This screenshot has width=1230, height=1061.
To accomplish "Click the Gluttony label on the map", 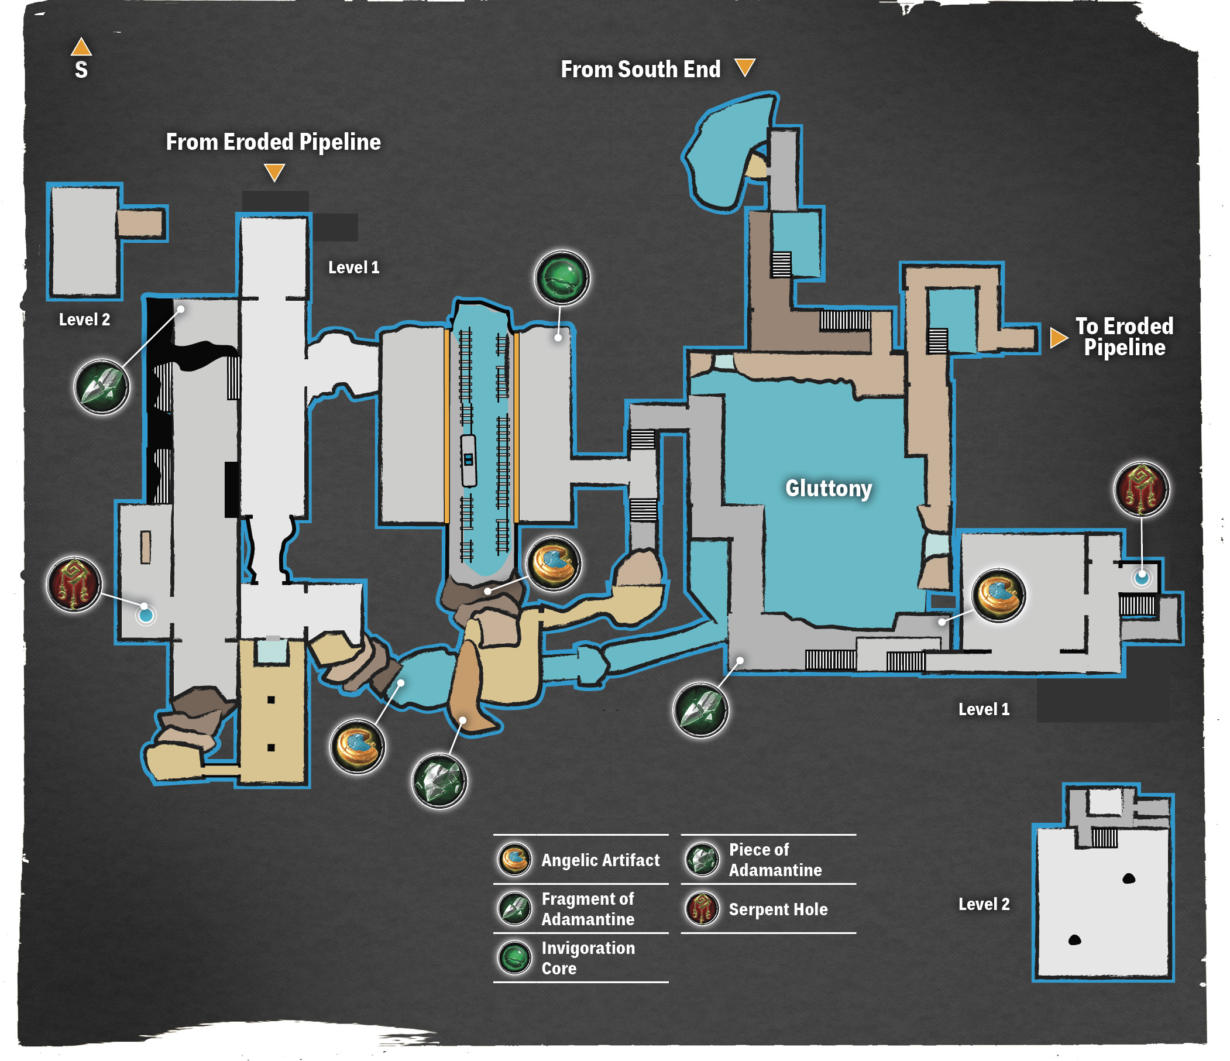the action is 829,489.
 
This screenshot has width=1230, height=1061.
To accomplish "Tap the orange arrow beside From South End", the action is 745,67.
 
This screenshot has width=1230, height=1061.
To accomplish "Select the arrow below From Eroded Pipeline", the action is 274,173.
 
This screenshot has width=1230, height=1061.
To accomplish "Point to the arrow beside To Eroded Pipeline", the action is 1059,338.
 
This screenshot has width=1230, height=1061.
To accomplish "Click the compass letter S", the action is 81,70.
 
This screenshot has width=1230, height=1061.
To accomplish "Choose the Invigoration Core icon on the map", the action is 562,278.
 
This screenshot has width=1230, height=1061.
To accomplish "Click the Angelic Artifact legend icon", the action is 514,860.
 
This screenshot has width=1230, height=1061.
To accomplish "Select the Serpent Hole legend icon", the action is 702,909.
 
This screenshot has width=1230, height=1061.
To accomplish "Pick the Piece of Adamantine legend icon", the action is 702,860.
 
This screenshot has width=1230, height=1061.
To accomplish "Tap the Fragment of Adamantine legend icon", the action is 514,909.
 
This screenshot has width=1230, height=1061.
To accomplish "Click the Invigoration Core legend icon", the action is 514,957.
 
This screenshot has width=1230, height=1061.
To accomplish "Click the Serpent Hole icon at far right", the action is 1142,490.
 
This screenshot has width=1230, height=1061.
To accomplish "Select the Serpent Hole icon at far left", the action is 74,584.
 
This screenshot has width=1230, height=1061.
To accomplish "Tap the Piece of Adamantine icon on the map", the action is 439,781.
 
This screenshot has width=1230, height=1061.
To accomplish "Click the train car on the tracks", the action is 468,461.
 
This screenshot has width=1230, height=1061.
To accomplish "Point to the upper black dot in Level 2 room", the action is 1129,879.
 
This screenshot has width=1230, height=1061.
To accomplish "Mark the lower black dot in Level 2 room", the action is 1074,940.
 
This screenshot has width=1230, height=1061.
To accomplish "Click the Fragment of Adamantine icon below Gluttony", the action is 700,709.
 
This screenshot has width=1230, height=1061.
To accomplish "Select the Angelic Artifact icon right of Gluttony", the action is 998,596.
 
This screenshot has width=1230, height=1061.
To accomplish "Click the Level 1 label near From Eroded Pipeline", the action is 354,268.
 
